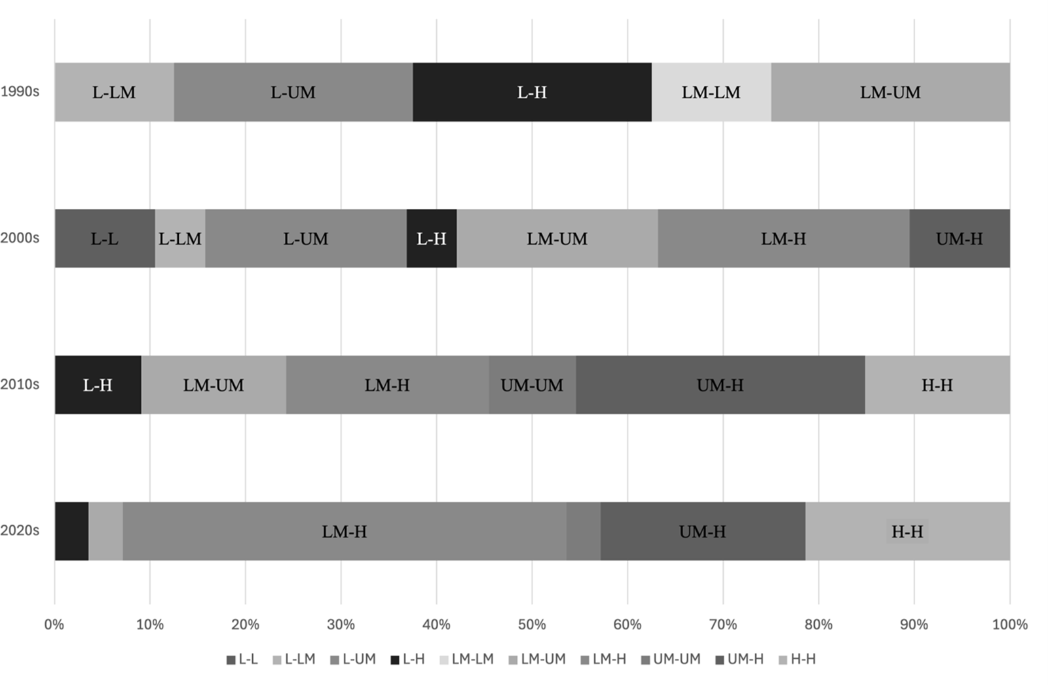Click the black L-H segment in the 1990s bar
click(532, 92)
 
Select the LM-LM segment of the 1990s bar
click(711, 92)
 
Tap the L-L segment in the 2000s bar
click(105, 238)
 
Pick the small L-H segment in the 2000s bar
click(432, 238)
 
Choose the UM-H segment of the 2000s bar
click(960, 238)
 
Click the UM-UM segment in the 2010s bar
click(532, 385)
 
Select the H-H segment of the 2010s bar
click(937, 385)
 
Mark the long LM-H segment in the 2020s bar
click(345, 531)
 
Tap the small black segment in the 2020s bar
click(71, 531)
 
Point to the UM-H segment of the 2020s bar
click(702, 531)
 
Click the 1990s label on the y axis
click(20, 92)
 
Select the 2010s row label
click(20, 384)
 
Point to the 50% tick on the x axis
click(532, 625)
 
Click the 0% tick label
click(54, 625)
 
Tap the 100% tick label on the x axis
click(1009, 625)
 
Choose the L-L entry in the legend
click(242, 659)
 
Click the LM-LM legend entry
click(466, 659)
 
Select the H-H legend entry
click(797, 659)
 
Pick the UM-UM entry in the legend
click(671, 659)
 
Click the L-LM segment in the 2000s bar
click(180, 238)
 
